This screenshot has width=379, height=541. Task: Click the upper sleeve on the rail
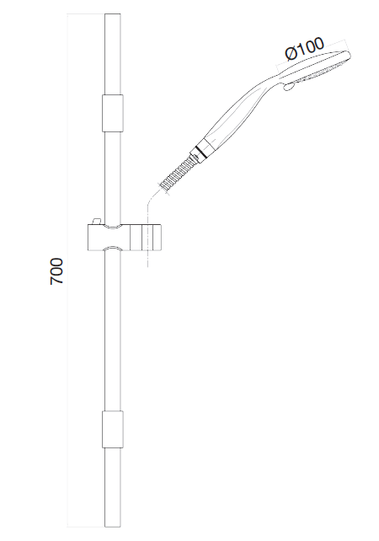point(113,114)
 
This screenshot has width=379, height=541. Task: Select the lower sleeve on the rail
point(113,430)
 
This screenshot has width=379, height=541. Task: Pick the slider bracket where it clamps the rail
point(111,237)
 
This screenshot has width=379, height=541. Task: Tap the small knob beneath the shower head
point(288,87)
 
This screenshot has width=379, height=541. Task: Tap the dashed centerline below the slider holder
point(148,260)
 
